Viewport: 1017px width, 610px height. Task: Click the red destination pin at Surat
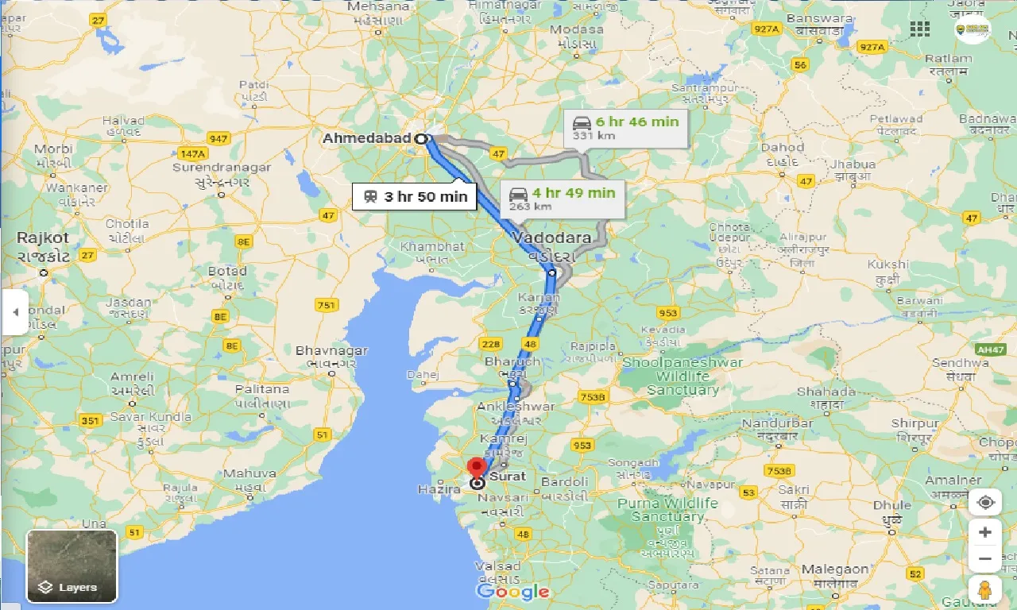(x=477, y=467)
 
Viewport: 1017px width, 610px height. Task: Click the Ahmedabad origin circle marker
(x=420, y=138)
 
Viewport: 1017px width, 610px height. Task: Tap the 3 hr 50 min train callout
(x=415, y=196)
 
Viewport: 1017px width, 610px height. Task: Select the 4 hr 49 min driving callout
(x=563, y=198)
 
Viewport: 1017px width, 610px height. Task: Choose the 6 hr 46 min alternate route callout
(x=626, y=127)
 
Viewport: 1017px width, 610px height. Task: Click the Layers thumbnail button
(x=72, y=566)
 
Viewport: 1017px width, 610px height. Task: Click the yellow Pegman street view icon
(x=984, y=590)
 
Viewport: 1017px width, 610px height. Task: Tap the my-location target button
(x=985, y=503)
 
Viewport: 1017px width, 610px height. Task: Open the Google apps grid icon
(x=920, y=29)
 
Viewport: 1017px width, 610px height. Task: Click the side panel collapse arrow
(x=15, y=312)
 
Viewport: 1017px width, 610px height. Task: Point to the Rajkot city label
(x=43, y=237)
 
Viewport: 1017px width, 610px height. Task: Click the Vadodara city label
(x=551, y=237)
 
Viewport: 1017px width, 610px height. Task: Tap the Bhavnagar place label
(x=331, y=350)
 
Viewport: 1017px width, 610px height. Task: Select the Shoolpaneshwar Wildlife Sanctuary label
(x=683, y=376)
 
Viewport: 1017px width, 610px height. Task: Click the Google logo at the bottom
(x=513, y=591)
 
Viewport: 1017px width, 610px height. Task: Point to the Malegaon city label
(x=835, y=569)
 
